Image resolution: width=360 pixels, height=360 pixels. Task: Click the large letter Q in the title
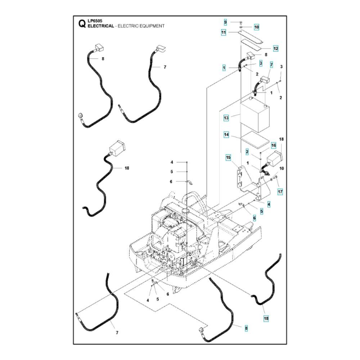coord(82,23)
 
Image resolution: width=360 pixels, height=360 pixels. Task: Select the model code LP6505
coord(95,21)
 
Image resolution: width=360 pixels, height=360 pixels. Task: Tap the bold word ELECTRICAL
coord(101,26)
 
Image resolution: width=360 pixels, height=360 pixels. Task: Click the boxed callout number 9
coord(225,22)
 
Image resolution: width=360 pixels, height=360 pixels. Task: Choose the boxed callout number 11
coord(224,33)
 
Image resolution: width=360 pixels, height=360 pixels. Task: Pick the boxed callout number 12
coord(275,49)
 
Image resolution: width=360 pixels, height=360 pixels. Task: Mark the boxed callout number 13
coord(226,118)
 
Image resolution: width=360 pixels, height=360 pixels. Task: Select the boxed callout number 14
coord(226,135)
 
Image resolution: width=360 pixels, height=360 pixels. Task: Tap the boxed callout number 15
coord(228,158)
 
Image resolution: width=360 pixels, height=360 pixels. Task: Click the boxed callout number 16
coord(274,145)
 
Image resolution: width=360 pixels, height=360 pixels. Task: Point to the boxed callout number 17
coord(280,192)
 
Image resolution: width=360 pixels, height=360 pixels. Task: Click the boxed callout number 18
coord(266,319)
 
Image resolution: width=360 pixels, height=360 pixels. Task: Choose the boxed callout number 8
coord(246,328)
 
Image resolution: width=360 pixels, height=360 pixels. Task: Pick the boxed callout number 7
coord(271,65)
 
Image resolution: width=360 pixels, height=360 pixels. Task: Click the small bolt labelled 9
coord(241,22)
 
